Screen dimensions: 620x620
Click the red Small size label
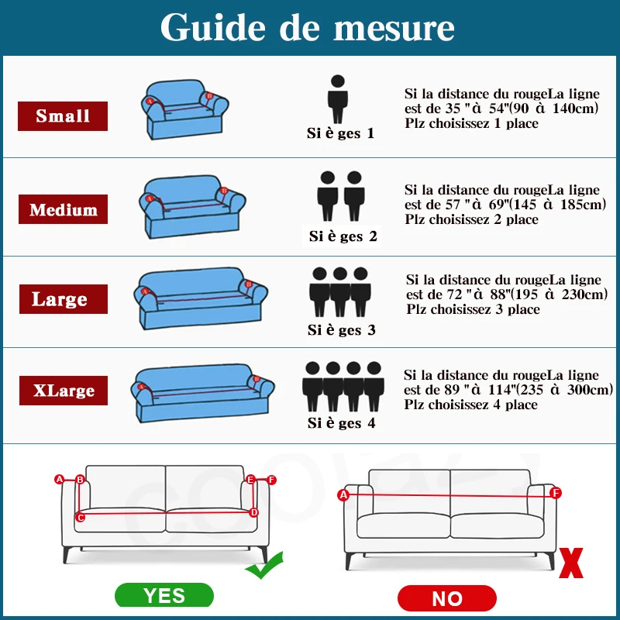tap(63, 115)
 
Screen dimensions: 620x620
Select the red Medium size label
tap(63, 209)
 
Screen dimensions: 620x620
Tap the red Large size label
tap(64, 299)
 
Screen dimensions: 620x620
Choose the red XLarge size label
tap(64, 391)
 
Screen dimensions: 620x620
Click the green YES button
tap(164, 595)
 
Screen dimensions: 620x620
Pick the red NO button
tap(447, 598)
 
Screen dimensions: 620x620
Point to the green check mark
tap(264, 566)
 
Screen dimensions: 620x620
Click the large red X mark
tap(571, 563)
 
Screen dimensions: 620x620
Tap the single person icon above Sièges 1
tap(338, 99)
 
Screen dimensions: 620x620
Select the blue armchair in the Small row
tap(184, 109)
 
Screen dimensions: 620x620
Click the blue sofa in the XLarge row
tap(202, 393)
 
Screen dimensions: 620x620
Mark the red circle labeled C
tap(81, 517)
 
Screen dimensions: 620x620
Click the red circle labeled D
tap(254, 513)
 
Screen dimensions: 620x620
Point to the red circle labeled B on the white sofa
tap(81, 480)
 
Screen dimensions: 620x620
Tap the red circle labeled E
tap(250, 480)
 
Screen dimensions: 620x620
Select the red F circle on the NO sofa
tap(556, 493)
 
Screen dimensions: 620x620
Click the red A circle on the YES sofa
tap(60, 479)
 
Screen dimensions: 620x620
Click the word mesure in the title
tap(394, 29)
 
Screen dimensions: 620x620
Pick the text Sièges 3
tap(341, 330)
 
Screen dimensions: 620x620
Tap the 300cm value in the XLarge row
tap(589, 390)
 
